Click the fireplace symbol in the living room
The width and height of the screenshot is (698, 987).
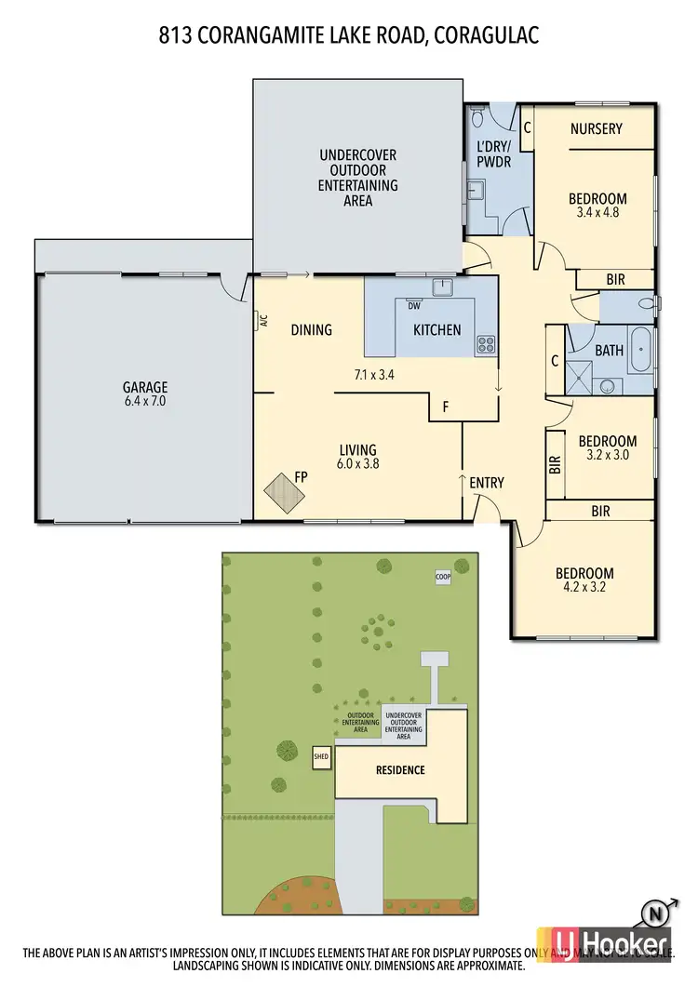(281, 492)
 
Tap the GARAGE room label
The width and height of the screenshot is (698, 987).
(144, 388)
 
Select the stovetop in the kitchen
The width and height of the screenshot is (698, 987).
(485, 345)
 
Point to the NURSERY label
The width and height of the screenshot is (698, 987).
(596, 128)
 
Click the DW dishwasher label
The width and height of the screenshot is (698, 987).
(413, 304)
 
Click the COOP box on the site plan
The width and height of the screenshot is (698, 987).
(443, 577)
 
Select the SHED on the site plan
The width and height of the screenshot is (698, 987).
(321, 757)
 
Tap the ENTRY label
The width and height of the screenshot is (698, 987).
(486, 482)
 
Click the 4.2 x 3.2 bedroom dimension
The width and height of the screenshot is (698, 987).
(584, 587)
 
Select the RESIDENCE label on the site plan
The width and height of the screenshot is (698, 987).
(400, 769)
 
